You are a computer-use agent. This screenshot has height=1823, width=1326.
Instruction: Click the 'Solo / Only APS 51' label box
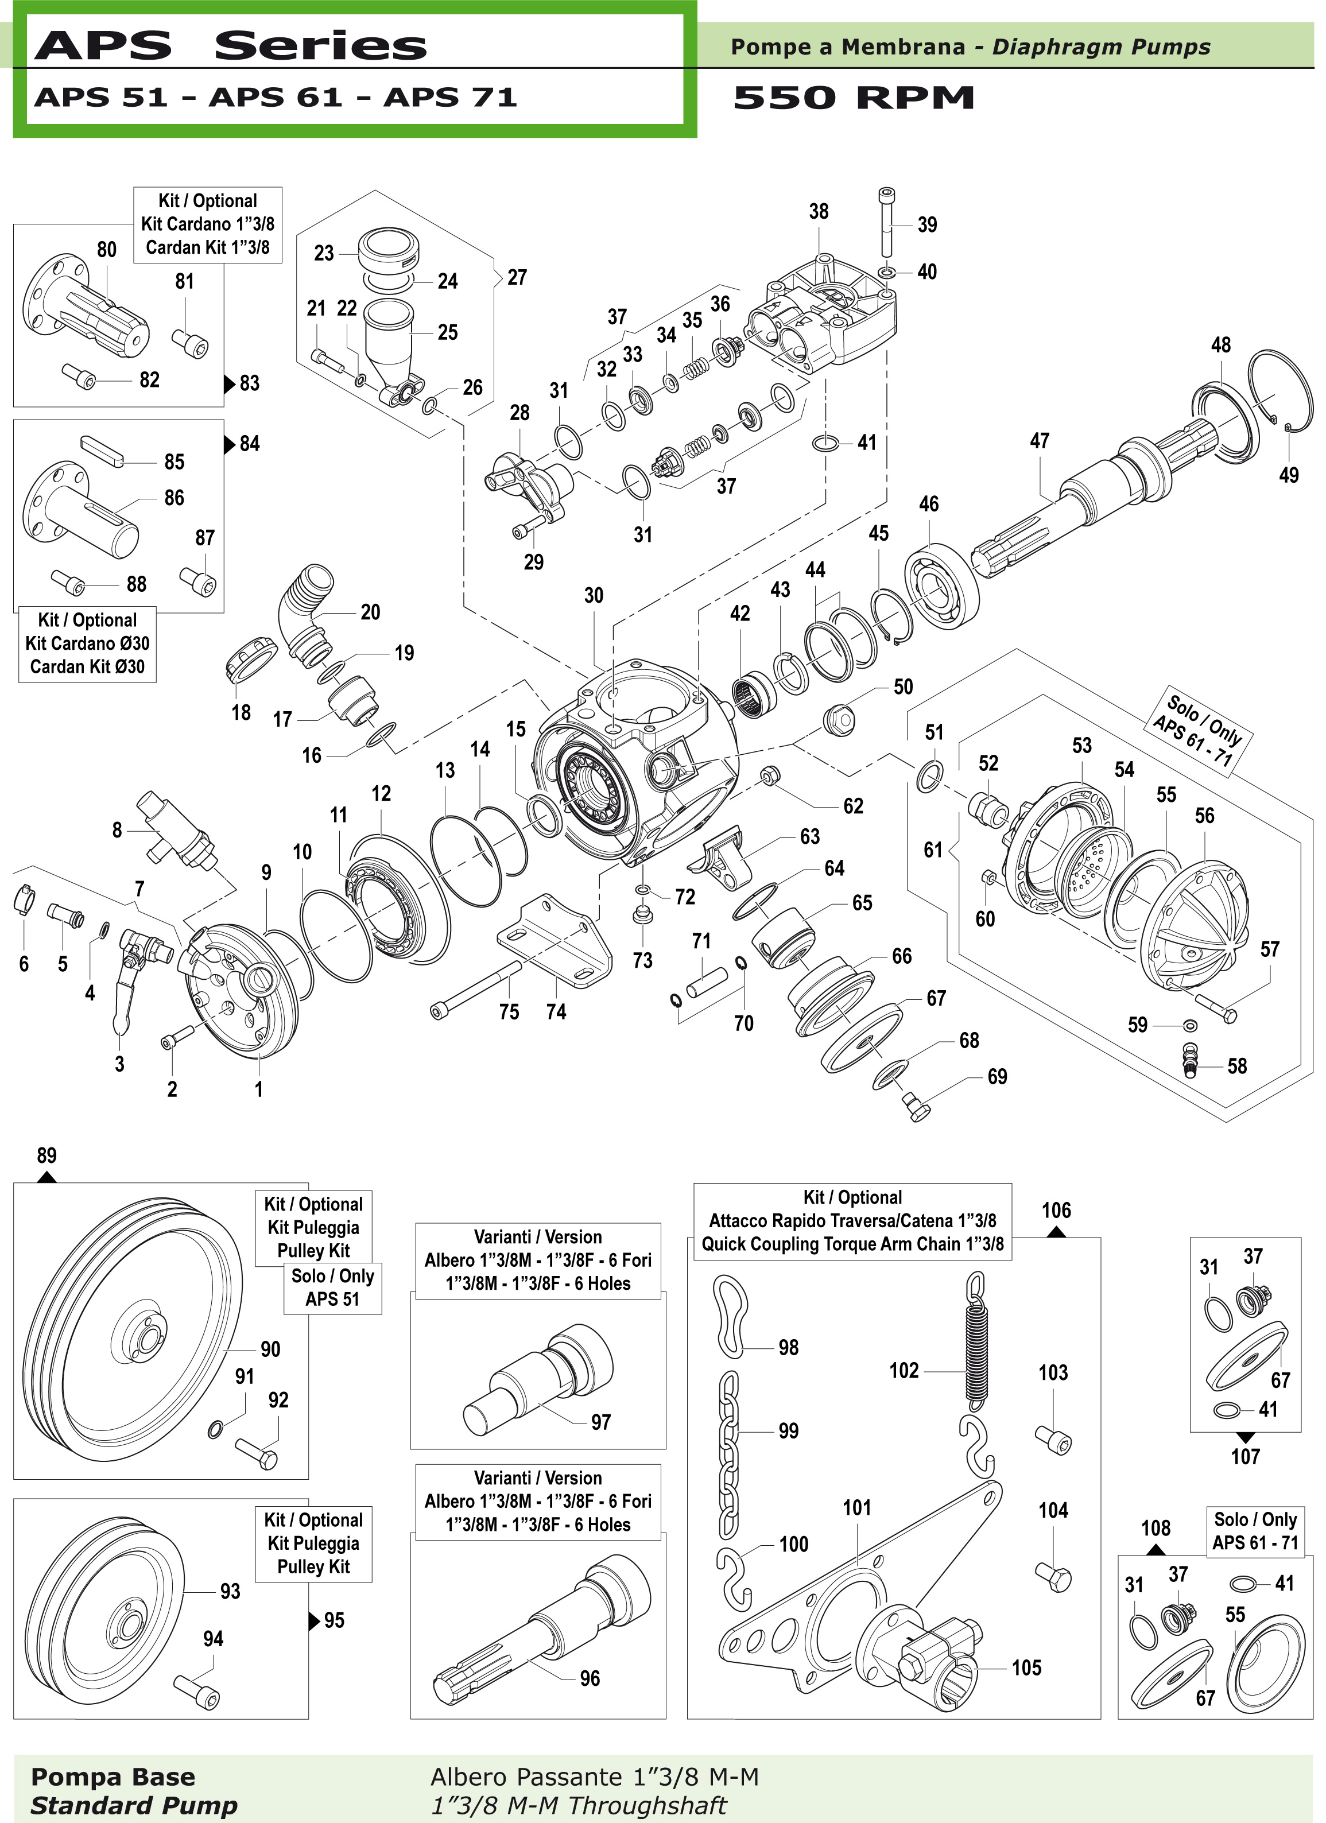[x=332, y=1287]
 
